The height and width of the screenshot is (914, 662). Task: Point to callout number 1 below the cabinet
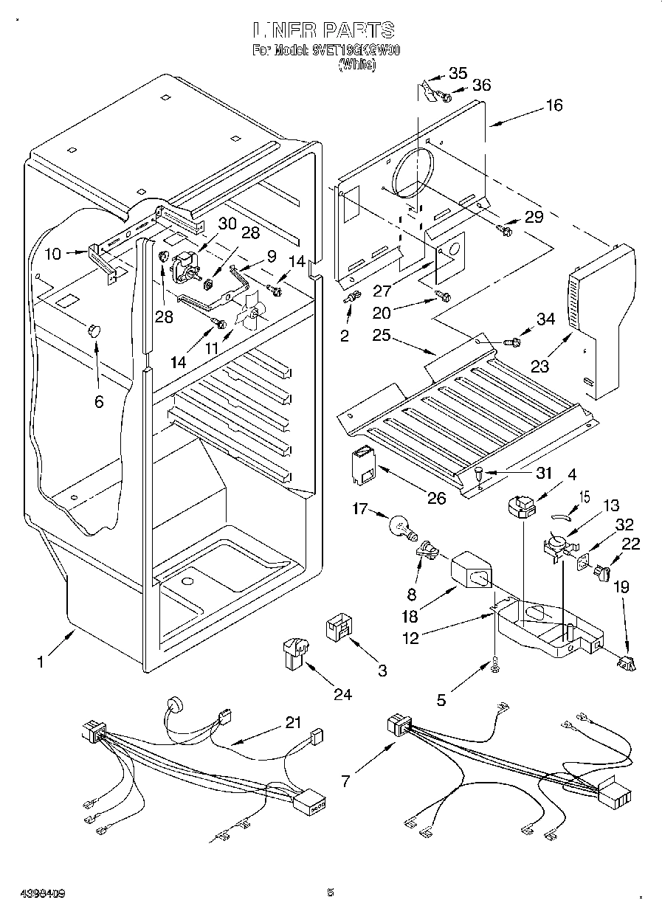click(41, 662)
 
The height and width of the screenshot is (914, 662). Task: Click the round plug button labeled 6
click(93, 329)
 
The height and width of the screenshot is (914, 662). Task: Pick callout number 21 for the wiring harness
click(294, 724)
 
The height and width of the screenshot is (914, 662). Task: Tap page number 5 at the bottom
click(330, 893)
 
